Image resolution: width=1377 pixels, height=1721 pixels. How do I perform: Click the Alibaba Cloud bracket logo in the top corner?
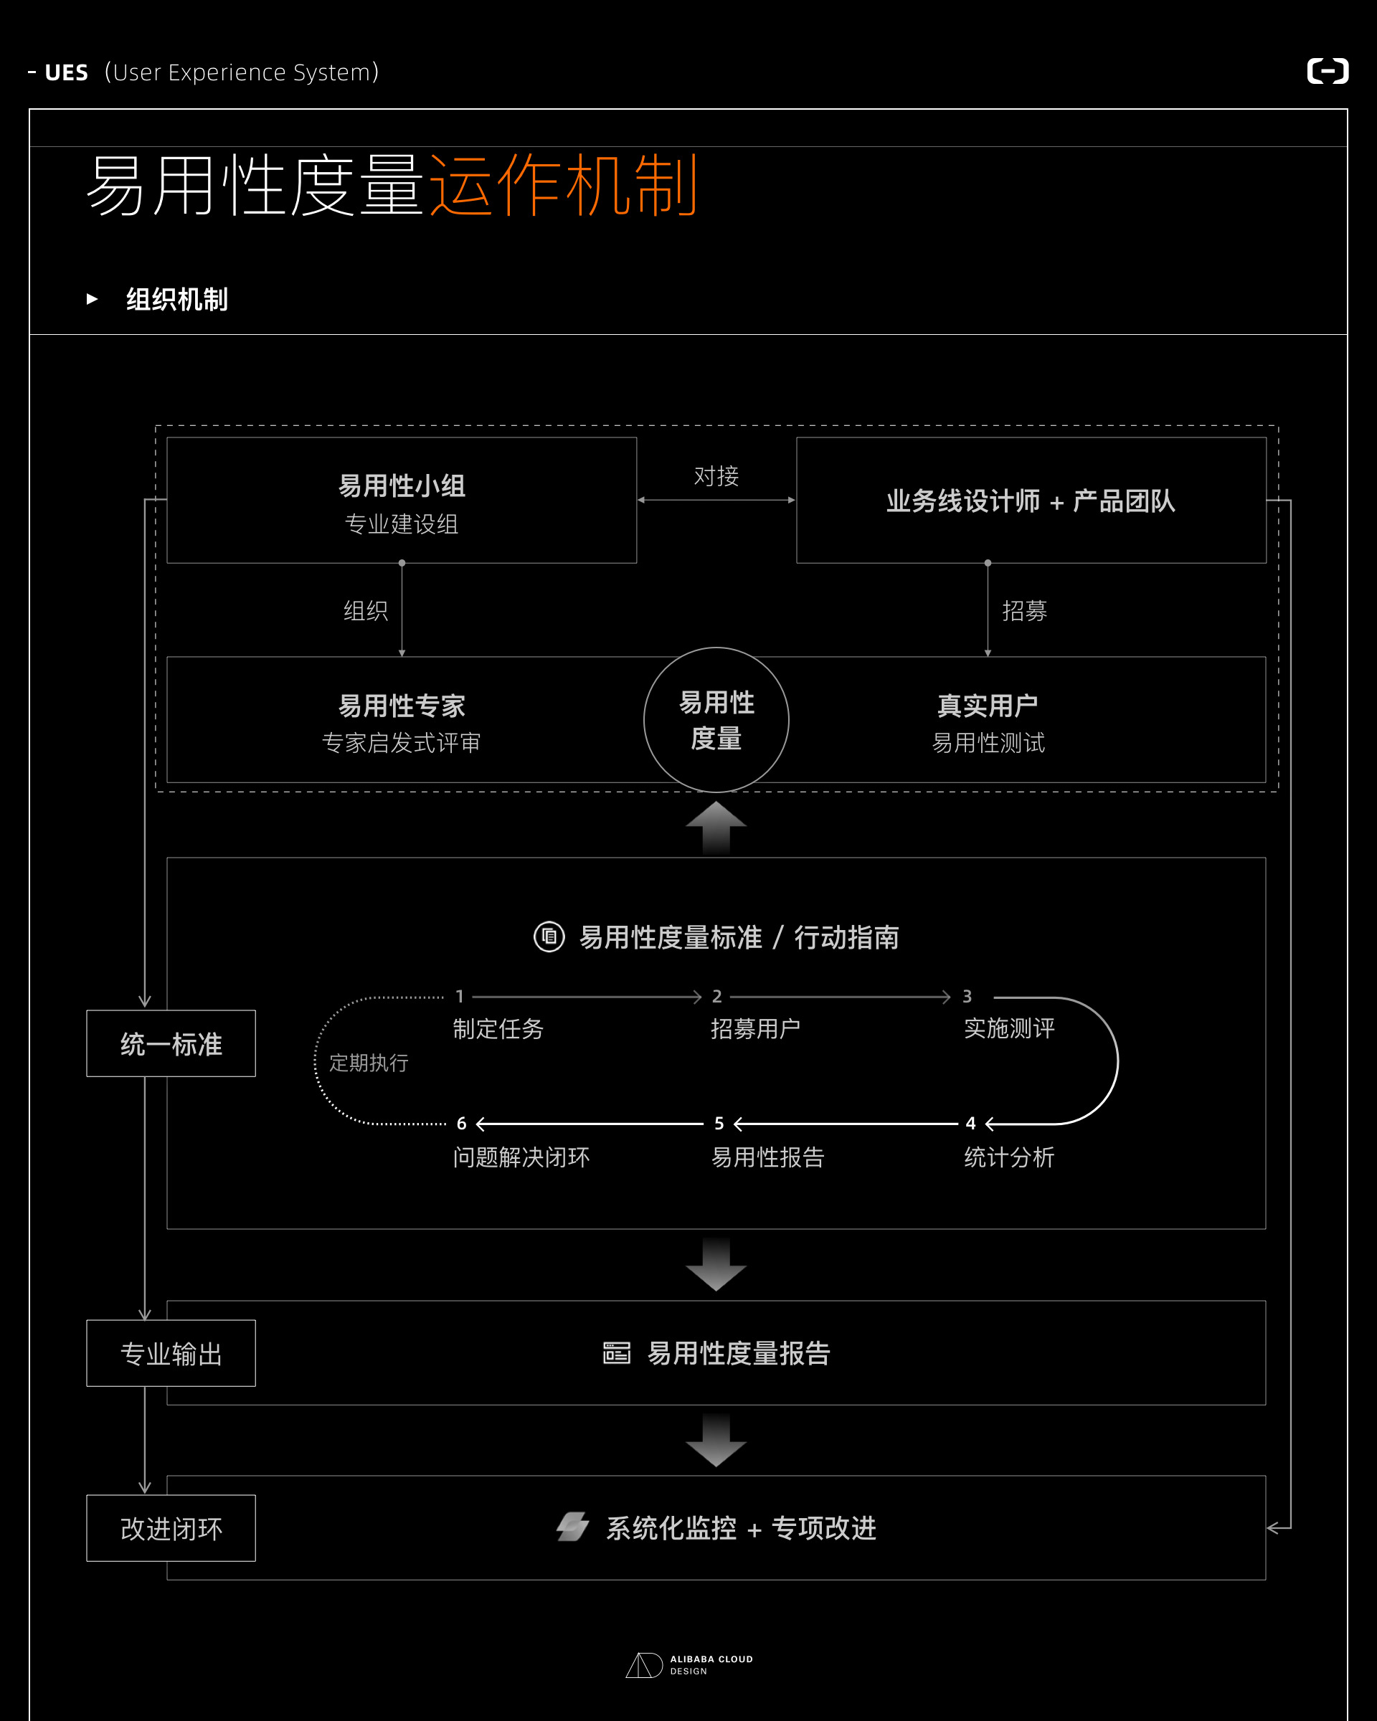pyautogui.click(x=1328, y=71)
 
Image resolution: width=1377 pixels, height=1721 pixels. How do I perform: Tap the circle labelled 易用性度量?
pyautogui.click(x=716, y=720)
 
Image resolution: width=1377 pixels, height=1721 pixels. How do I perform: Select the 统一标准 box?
pyautogui.click(x=171, y=1044)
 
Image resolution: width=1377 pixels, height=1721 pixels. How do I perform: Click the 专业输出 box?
pyautogui.click(x=171, y=1354)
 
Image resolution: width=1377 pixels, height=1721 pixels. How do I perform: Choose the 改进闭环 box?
pyautogui.click(x=171, y=1529)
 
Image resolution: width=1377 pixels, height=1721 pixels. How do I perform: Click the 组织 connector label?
pyautogui.click(x=366, y=611)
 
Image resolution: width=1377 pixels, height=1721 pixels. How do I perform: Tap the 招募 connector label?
pyautogui.click(x=1024, y=611)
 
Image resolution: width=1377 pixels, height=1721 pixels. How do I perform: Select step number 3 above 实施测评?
pyautogui.click(x=967, y=996)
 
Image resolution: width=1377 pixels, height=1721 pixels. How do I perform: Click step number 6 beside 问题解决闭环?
pyautogui.click(x=461, y=1124)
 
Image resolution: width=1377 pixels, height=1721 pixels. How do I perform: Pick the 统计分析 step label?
pyautogui.click(x=1009, y=1157)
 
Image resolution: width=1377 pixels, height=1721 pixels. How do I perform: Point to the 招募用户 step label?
pyautogui.click(x=755, y=1029)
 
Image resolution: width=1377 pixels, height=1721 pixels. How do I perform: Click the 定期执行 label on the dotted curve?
pyautogui.click(x=369, y=1063)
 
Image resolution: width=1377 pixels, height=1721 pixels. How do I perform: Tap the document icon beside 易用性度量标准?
pyautogui.click(x=549, y=937)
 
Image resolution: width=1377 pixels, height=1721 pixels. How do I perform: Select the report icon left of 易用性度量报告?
pyautogui.click(x=616, y=1353)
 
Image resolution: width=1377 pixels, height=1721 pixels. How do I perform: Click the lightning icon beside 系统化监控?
pyautogui.click(x=572, y=1527)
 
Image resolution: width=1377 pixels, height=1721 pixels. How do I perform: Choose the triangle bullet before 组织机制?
pyautogui.click(x=92, y=299)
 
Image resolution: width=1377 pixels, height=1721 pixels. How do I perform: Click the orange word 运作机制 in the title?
pyautogui.click(x=564, y=186)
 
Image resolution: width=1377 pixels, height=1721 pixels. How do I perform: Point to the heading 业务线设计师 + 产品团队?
pyautogui.click(x=1031, y=501)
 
